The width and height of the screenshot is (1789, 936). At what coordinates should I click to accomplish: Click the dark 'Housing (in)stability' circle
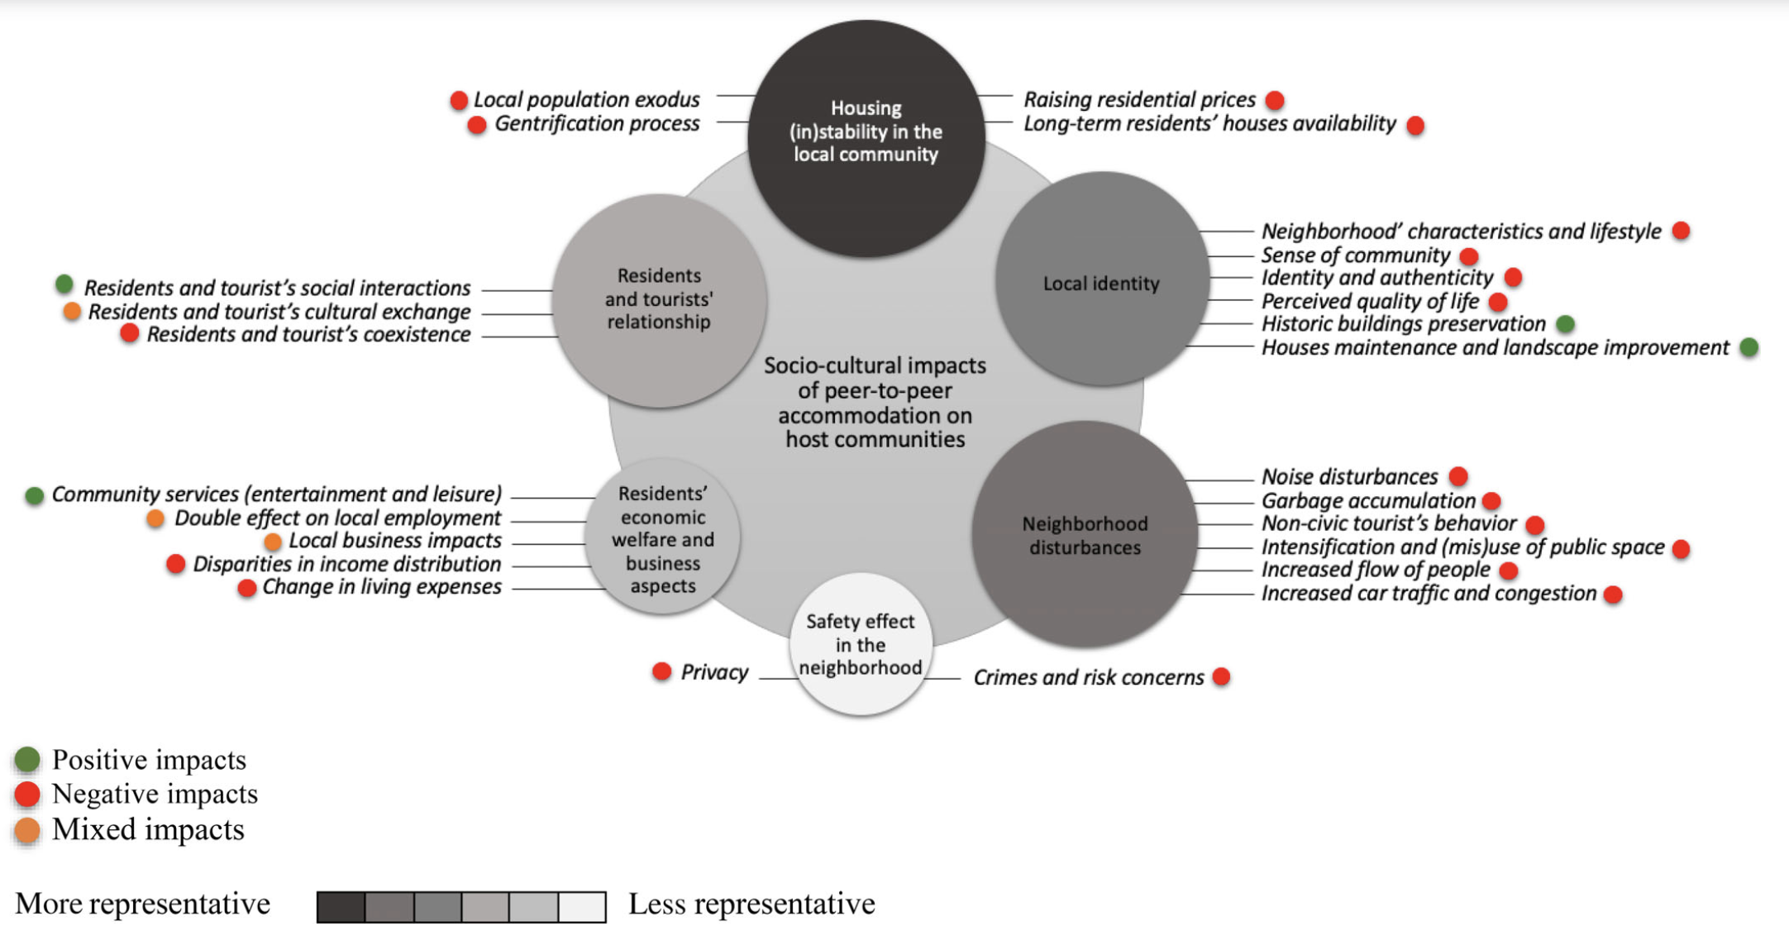(866, 138)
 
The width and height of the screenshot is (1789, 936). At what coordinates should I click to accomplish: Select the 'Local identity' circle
(1102, 279)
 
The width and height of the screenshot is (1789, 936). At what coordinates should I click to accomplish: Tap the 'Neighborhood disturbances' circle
(1085, 534)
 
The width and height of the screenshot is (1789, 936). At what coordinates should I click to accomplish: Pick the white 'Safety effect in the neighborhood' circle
(861, 644)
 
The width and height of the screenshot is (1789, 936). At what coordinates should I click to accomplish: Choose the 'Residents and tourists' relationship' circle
(659, 300)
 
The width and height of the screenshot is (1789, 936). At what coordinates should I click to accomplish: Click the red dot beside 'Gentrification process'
(476, 125)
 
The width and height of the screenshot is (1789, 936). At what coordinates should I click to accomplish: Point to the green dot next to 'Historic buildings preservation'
(1565, 323)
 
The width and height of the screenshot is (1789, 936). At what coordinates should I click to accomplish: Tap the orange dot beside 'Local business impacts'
(273, 542)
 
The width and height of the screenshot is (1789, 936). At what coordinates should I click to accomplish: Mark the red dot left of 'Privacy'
(661, 671)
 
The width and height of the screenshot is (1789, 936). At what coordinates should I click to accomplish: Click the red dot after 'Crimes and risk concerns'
(1221, 676)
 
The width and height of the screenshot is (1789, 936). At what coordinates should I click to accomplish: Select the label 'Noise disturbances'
(1349, 477)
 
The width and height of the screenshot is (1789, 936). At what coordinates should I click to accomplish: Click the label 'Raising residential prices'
(1139, 100)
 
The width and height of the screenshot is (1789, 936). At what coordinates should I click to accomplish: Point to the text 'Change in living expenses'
(381, 587)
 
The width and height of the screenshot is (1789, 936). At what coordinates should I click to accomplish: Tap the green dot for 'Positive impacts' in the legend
(27, 759)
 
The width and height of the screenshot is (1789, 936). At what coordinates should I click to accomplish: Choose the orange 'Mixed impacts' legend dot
(27, 830)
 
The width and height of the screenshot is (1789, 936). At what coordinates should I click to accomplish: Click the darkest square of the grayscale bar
(341, 906)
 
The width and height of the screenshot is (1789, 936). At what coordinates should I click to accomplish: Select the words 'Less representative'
(751, 904)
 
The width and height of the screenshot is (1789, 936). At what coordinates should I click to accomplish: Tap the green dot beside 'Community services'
(34, 495)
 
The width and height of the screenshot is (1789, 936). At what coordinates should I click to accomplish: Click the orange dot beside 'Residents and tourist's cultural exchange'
(72, 312)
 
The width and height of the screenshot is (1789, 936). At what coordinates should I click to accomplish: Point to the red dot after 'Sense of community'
(1468, 255)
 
